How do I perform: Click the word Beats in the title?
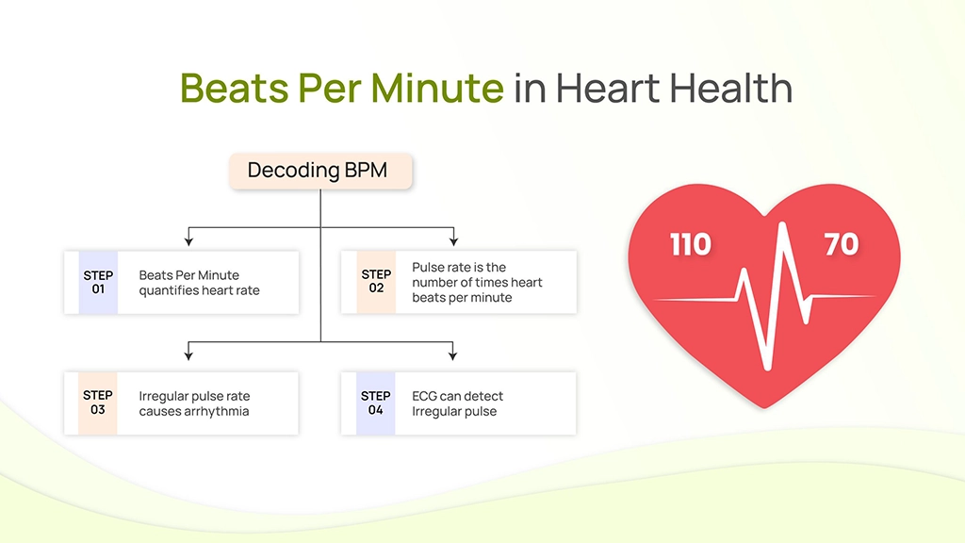234,88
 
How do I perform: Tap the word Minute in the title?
437,88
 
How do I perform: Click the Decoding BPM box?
320,171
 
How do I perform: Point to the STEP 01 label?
98,282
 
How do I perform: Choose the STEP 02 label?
376,281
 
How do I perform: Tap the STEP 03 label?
98,402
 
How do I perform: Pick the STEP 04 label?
375,403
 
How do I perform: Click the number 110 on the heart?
690,245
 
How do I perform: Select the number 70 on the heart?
842,244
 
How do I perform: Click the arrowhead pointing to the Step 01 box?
188,241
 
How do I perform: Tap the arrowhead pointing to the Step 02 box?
453,241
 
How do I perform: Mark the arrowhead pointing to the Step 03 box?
188,355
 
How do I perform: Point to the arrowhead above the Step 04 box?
453,355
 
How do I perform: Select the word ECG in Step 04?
425,396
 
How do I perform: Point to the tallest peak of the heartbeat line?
783,224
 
